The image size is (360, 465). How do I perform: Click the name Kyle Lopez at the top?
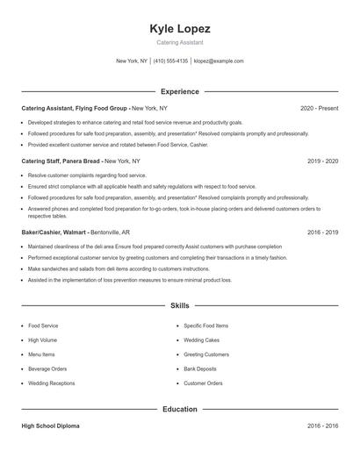pyautogui.click(x=180, y=28)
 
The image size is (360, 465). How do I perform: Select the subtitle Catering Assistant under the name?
pyautogui.click(x=180, y=42)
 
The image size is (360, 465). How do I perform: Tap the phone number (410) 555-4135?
pyautogui.click(x=171, y=61)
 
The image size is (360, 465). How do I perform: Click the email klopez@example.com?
pyautogui.click(x=219, y=61)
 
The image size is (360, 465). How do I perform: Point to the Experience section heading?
pyautogui.click(x=180, y=91)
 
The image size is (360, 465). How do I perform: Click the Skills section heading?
pyautogui.click(x=180, y=305)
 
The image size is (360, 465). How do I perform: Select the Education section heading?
pyautogui.click(x=180, y=409)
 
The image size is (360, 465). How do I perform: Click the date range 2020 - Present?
pyautogui.click(x=319, y=108)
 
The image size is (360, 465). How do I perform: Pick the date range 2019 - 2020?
pyautogui.click(x=323, y=161)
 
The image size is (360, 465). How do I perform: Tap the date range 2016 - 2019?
pyautogui.click(x=323, y=232)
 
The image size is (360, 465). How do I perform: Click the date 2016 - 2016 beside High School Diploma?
pyautogui.click(x=323, y=426)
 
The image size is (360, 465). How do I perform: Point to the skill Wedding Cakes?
pyautogui.click(x=201, y=340)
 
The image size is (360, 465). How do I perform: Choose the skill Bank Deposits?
pyautogui.click(x=200, y=368)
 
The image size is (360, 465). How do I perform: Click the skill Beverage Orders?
pyautogui.click(x=47, y=368)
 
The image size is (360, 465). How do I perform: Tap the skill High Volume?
pyautogui.click(x=42, y=340)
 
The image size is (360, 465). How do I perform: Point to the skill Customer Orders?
pyautogui.click(x=203, y=383)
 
